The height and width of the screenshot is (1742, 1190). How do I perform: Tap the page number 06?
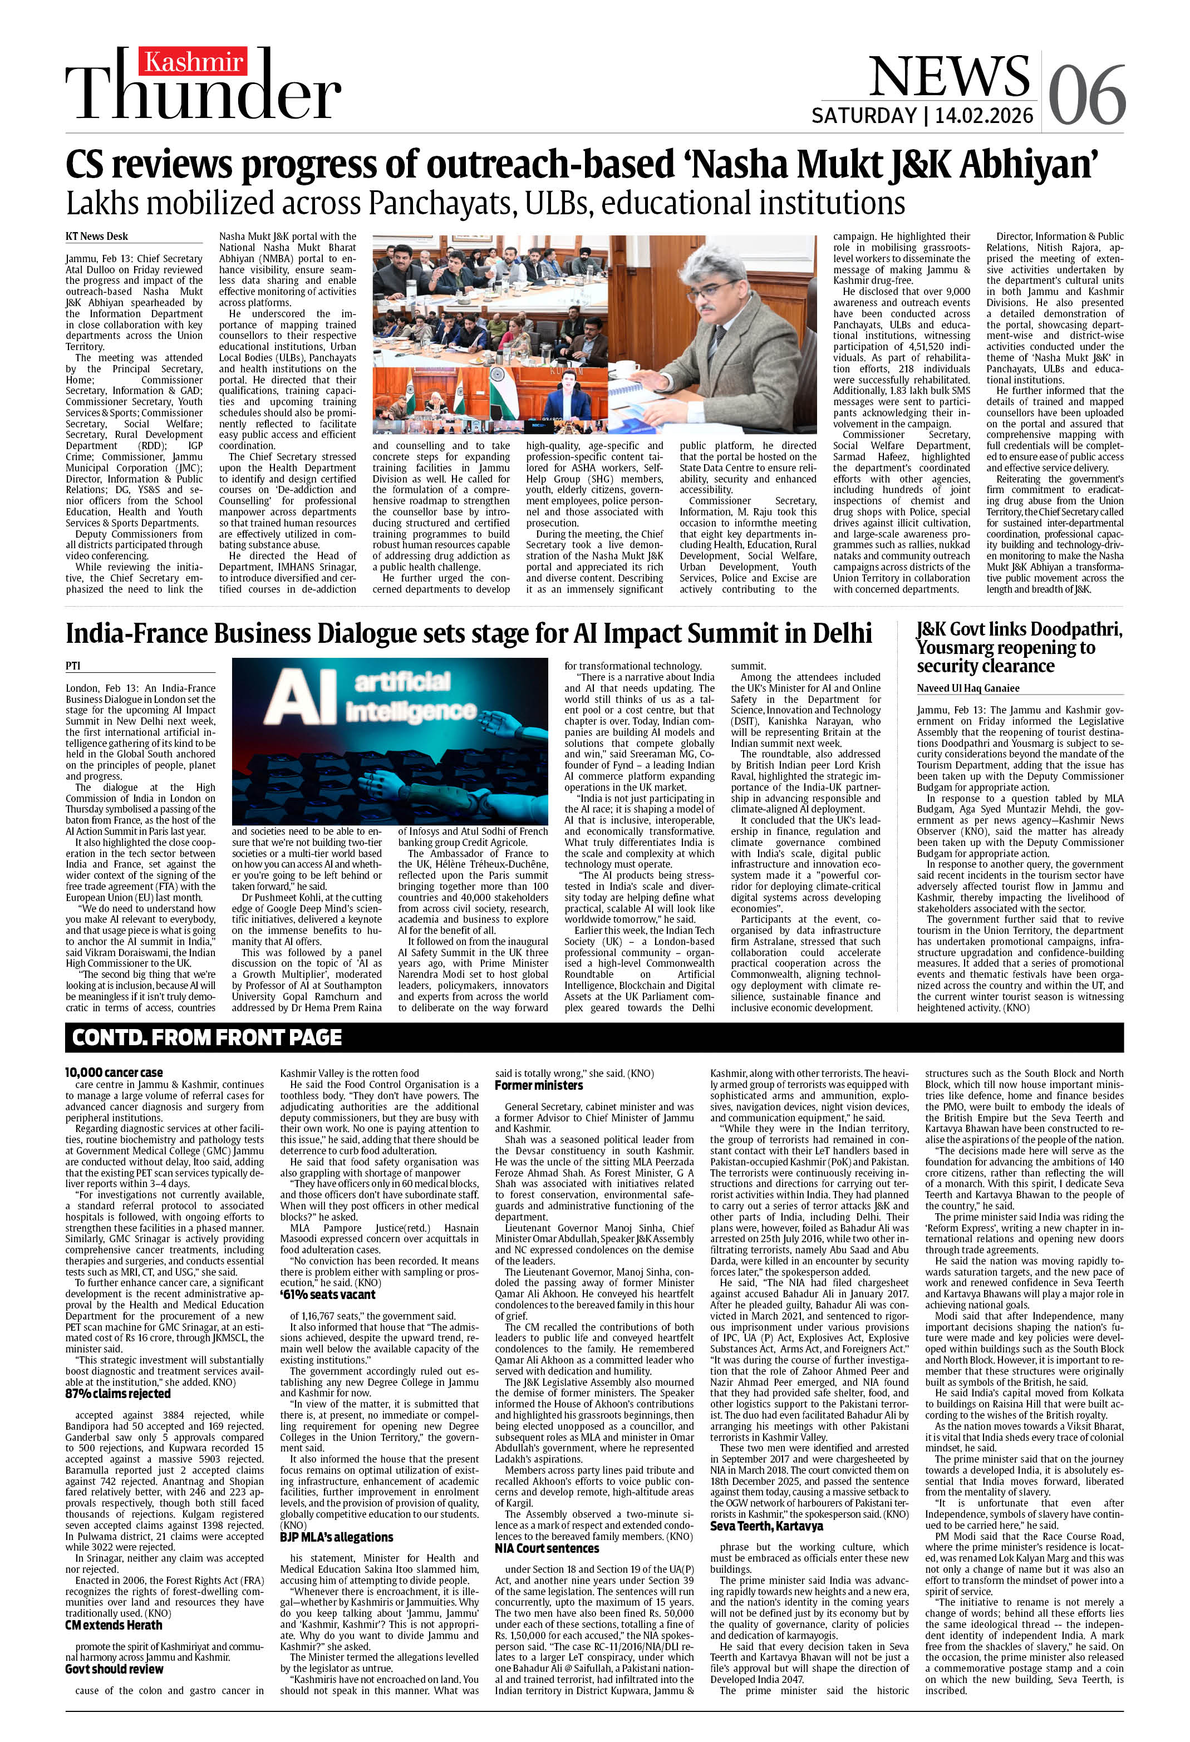pos(1086,95)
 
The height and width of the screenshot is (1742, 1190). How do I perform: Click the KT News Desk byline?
pos(97,236)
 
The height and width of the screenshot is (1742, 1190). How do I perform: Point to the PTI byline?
pos(73,665)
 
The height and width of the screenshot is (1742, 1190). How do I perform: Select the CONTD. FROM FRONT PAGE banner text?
pos(207,1037)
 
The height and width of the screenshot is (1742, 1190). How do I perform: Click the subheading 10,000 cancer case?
pos(113,1072)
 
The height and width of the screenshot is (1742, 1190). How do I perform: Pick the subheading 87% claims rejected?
pos(118,1394)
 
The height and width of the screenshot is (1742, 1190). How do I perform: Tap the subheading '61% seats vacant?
pos(328,1295)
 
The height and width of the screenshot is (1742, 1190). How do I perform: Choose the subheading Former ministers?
pos(538,1085)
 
